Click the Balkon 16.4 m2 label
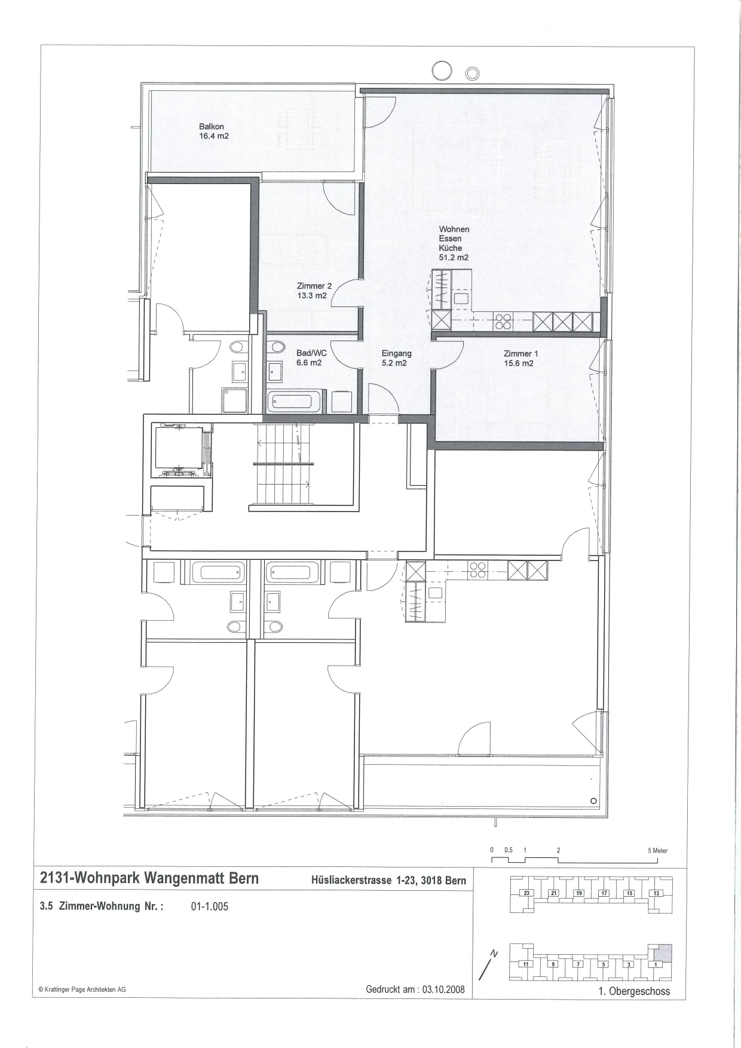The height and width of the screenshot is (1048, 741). tap(214, 131)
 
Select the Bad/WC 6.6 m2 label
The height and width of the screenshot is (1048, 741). tap(311, 358)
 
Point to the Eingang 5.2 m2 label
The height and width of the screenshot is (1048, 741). tap(396, 358)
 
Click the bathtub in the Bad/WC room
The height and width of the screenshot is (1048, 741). tap(295, 401)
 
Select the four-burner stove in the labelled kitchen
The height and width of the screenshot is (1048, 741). tap(502, 322)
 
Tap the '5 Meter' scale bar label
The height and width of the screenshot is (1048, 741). tap(658, 850)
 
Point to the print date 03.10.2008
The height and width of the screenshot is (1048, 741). tap(443, 989)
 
